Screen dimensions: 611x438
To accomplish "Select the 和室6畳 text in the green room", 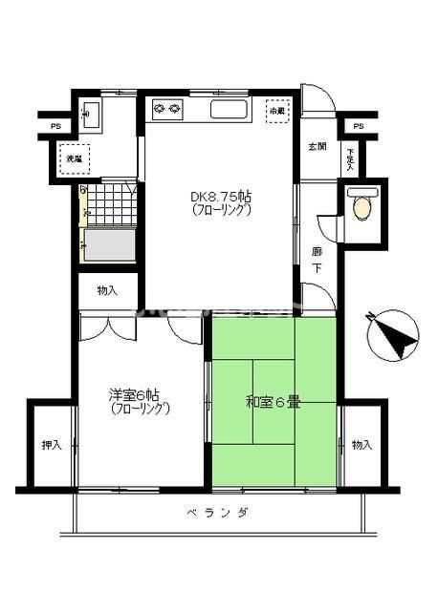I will tap(273, 402).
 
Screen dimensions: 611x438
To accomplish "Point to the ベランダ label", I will tap(218, 513).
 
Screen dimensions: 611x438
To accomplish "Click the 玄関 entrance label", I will tap(318, 147).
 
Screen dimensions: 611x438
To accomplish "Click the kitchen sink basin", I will tap(229, 109).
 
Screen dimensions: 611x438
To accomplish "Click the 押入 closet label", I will tap(51, 446).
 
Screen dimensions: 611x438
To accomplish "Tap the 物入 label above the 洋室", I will tap(107, 290).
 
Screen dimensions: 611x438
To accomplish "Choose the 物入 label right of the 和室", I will tap(361, 446).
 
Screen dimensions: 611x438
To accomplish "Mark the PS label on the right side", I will tap(357, 125).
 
